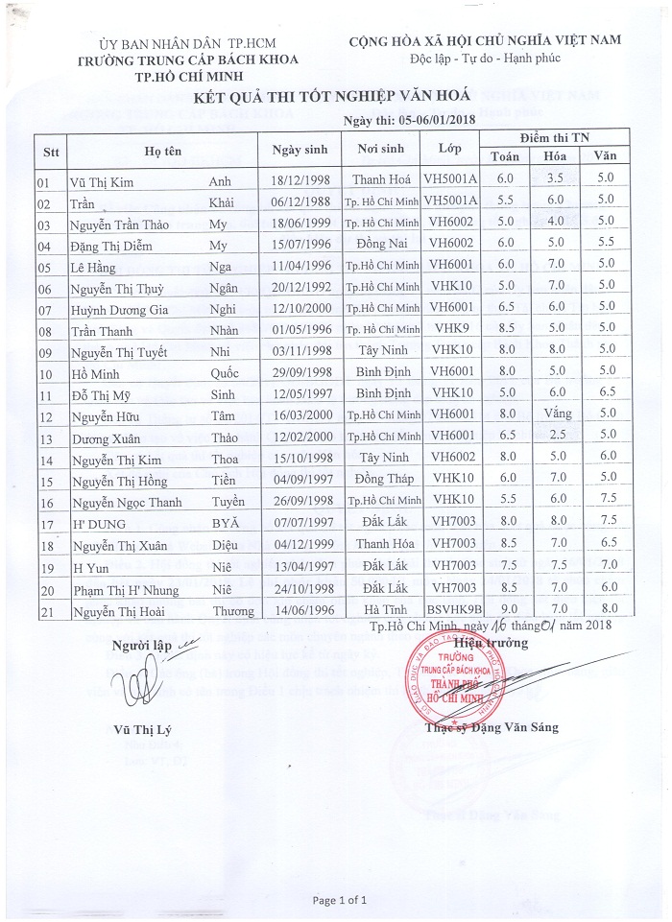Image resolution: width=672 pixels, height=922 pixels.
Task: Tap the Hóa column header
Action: point(554,156)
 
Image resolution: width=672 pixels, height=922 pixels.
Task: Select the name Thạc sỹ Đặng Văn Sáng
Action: point(490,727)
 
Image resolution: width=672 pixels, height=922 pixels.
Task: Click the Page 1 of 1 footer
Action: point(340,900)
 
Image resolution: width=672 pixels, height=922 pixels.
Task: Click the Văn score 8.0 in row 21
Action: point(604,608)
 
